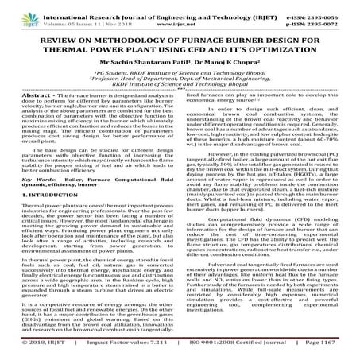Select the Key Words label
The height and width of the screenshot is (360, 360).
tap(52, 205)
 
